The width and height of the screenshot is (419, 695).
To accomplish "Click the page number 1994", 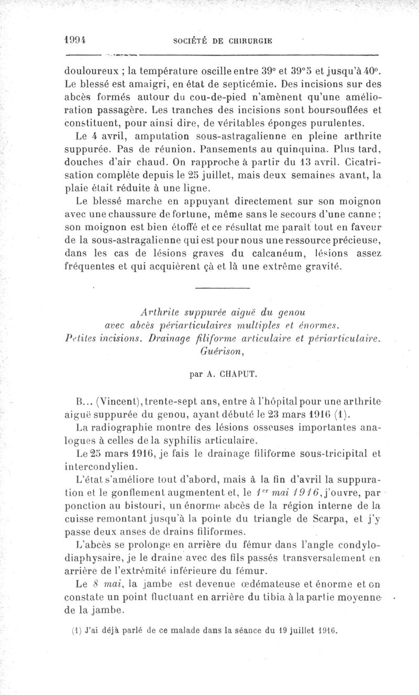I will coord(75,39).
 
